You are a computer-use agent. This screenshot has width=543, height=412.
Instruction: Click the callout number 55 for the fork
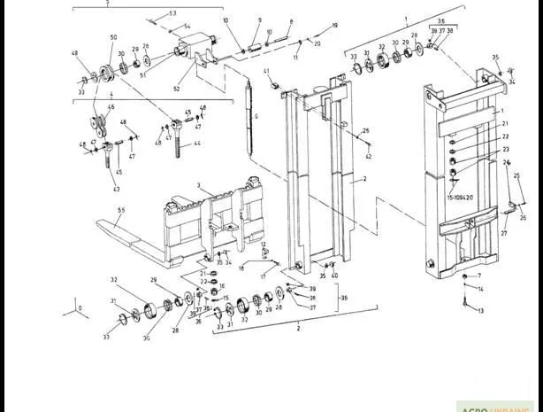click(x=121, y=209)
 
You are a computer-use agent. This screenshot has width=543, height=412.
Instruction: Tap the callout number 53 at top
click(x=172, y=13)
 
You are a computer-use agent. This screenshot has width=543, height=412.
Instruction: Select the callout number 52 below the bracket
click(x=177, y=88)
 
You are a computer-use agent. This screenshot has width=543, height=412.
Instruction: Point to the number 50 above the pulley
click(x=113, y=37)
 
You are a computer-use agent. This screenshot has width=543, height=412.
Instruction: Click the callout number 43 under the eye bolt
click(x=116, y=189)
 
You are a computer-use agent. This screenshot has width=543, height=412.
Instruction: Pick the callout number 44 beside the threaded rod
click(x=197, y=143)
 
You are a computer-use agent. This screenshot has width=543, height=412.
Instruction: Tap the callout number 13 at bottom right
click(x=481, y=312)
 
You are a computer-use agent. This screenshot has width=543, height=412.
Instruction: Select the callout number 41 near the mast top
click(x=266, y=70)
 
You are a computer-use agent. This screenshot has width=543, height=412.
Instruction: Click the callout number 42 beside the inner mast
click(x=369, y=156)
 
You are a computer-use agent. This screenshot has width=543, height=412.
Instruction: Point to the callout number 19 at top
click(x=334, y=25)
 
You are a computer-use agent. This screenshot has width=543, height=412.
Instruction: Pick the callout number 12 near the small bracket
click(x=264, y=244)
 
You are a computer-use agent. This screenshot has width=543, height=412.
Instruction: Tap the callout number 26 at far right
click(x=522, y=217)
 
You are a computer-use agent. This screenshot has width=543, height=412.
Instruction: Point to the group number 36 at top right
click(x=440, y=19)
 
